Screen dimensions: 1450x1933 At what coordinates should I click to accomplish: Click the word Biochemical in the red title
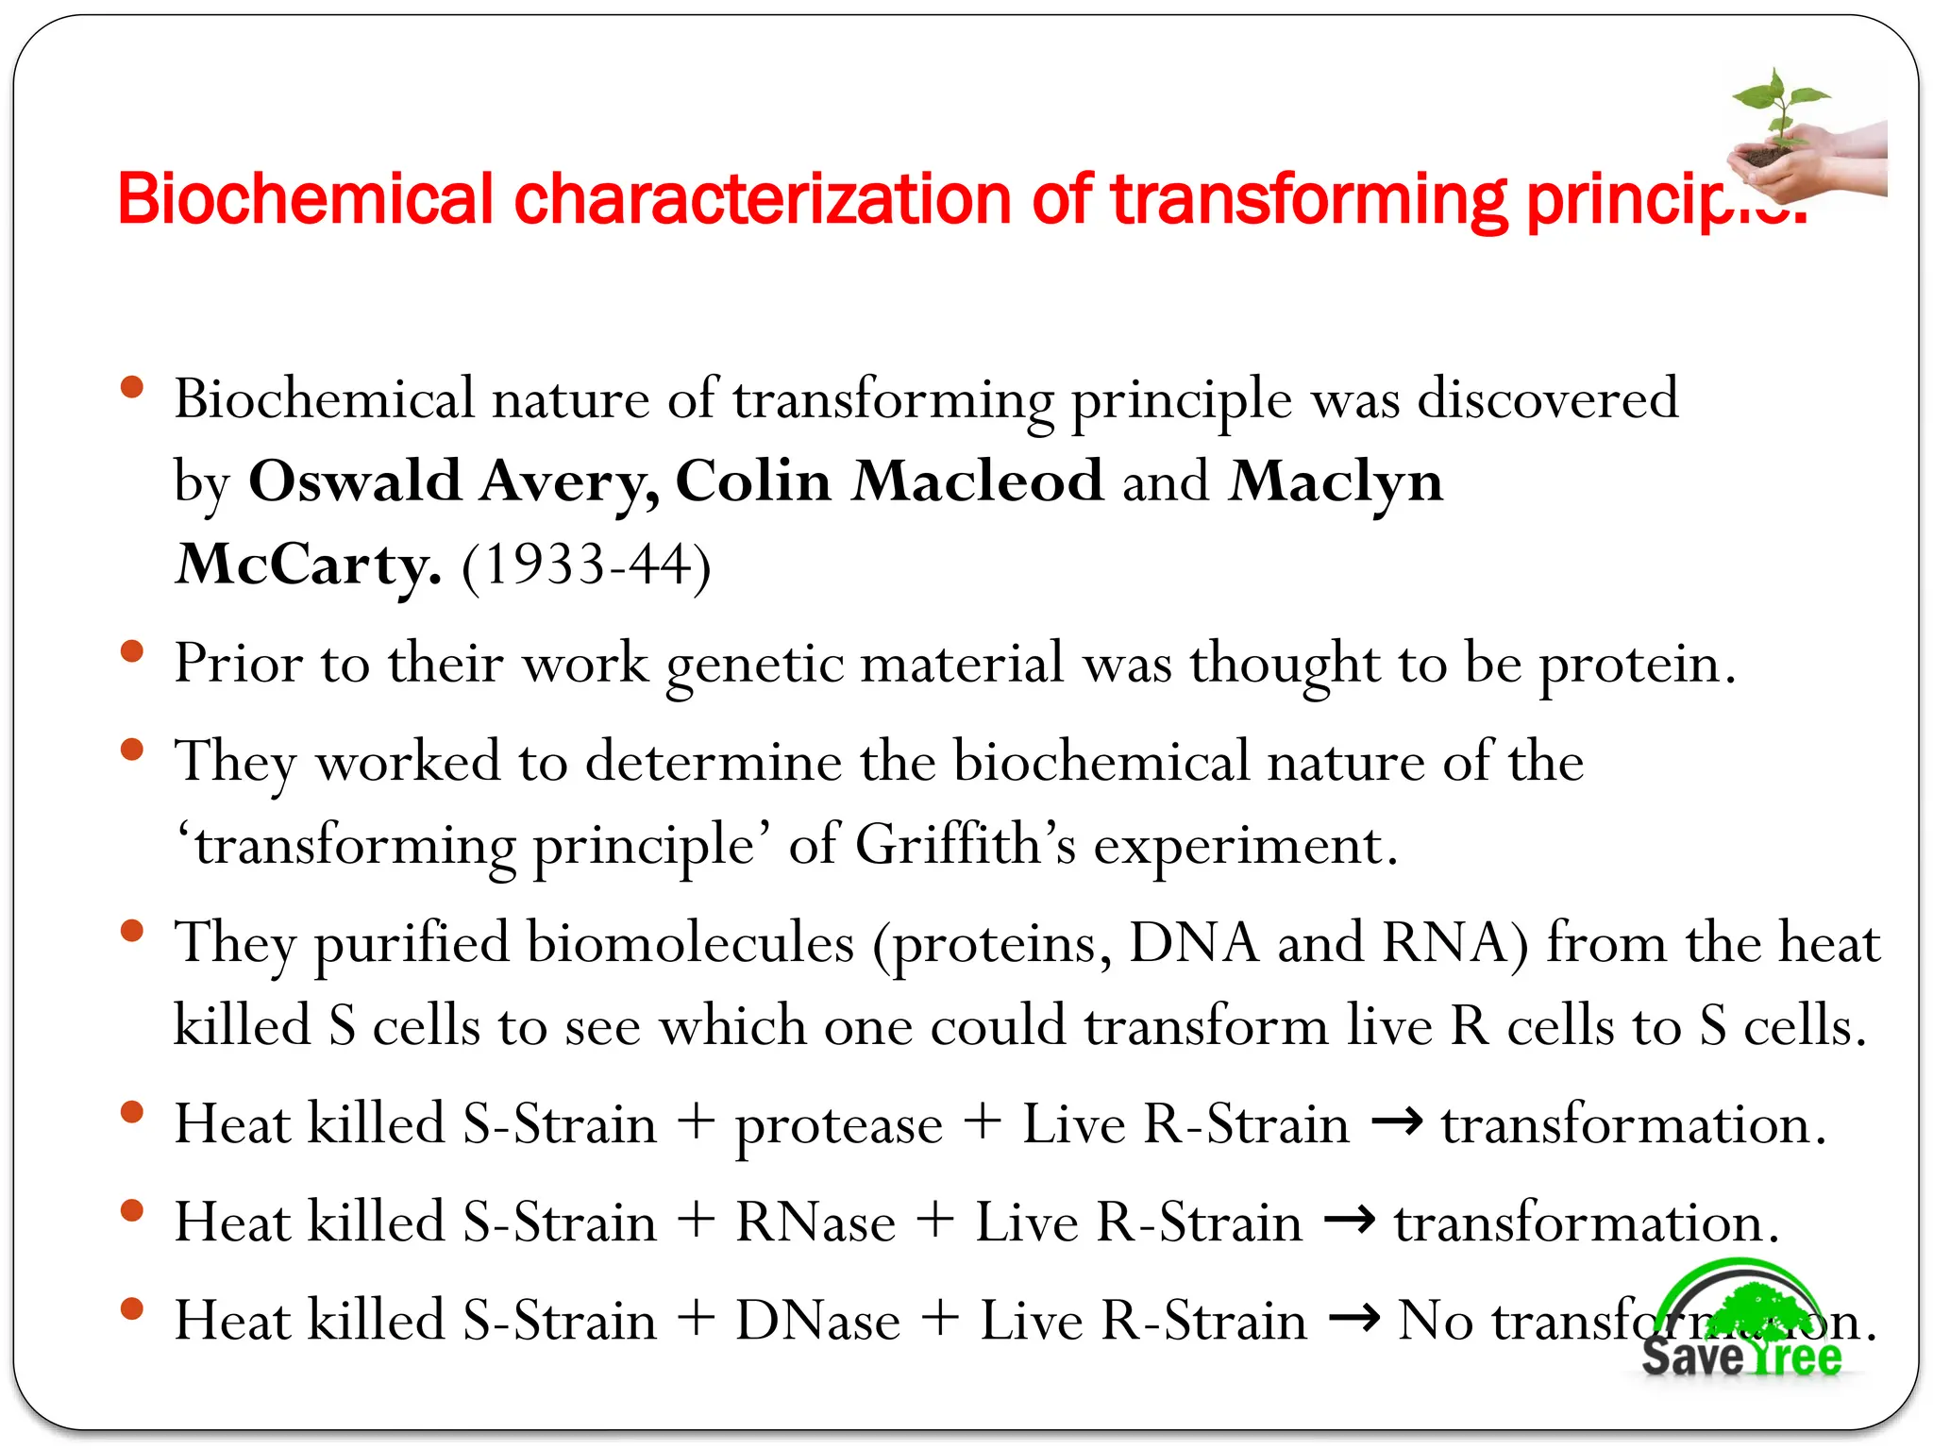click(305, 199)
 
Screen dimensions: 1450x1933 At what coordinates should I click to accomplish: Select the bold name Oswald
click(354, 481)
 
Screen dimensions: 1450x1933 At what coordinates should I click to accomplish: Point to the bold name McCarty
click(308, 565)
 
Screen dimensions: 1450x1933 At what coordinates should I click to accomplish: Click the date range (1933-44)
click(585, 565)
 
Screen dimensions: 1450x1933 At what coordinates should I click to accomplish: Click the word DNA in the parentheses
click(1194, 943)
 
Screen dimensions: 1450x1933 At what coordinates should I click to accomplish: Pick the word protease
click(839, 1125)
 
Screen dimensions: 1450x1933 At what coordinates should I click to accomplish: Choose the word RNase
click(815, 1222)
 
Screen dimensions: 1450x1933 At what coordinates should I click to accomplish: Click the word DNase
click(817, 1321)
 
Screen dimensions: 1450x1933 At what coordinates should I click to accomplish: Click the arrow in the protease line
click(1396, 1122)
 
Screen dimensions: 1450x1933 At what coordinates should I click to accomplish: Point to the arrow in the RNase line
click(1349, 1221)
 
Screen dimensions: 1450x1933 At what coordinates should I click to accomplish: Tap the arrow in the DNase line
click(1353, 1319)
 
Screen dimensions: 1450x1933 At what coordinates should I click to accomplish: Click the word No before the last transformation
click(1435, 1321)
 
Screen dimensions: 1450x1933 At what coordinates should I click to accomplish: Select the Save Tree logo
click(1741, 1322)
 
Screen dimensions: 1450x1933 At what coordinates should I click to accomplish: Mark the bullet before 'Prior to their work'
click(132, 651)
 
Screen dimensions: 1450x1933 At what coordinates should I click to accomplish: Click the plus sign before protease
click(697, 1123)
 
